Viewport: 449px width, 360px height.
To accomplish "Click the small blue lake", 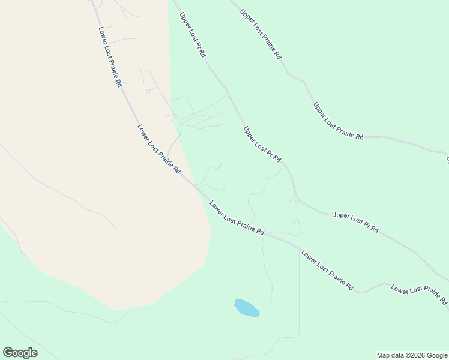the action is pyautogui.click(x=246, y=308).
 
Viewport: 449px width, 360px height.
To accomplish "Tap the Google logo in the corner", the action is pyautogui.click(x=20, y=352).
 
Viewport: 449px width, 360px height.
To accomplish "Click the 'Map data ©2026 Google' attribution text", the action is pyautogui.click(x=411, y=355).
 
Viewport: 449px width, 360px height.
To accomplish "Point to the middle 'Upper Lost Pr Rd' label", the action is pyautogui.click(x=262, y=145).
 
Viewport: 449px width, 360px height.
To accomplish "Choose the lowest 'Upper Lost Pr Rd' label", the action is pyautogui.click(x=355, y=221).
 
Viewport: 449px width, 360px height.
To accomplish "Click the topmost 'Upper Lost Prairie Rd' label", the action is pyautogui.click(x=261, y=34).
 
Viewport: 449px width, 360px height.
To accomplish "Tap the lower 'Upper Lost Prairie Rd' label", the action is pyautogui.click(x=338, y=121).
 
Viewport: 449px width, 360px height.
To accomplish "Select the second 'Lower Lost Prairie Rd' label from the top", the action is pyautogui.click(x=159, y=149).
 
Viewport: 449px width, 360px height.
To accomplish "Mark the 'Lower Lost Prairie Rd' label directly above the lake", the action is pyautogui.click(x=237, y=218).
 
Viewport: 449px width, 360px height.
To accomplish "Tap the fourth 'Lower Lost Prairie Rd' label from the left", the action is pyautogui.click(x=327, y=270).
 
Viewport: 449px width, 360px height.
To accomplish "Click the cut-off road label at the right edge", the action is pyautogui.click(x=447, y=159).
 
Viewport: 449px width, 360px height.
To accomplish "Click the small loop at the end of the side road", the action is pyautogui.click(x=220, y=165).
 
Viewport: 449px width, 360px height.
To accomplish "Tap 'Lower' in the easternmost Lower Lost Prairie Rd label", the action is pyautogui.click(x=400, y=289).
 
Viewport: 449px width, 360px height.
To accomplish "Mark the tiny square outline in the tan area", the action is pyautogui.click(x=148, y=92).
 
